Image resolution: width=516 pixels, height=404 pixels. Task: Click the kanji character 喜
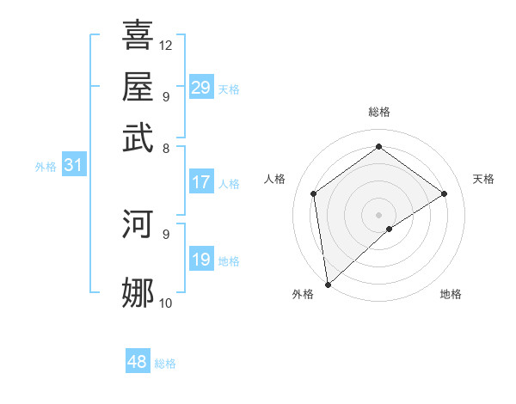[x=138, y=35]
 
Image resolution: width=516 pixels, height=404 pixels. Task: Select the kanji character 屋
[x=138, y=86]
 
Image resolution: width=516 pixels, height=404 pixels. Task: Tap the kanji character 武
[x=138, y=137]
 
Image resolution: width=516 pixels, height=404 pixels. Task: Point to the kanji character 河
[x=138, y=223]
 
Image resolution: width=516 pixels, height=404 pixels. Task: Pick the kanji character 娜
[x=138, y=292]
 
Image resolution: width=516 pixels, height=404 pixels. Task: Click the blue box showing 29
[x=201, y=88]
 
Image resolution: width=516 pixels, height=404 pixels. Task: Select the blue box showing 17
[x=201, y=182]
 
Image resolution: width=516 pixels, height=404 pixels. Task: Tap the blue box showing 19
[x=201, y=260]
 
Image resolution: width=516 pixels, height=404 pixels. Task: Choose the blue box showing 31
[x=73, y=165]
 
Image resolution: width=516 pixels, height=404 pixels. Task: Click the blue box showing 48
[x=138, y=362]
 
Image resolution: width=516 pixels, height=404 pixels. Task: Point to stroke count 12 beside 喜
[x=166, y=45]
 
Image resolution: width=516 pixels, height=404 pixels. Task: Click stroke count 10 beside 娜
[x=166, y=303]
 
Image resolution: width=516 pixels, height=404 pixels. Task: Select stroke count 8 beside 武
[x=166, y=147]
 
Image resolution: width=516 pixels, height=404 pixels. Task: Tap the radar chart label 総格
[x=378, y=112]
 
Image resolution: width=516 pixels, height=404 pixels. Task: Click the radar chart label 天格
[x=483, y=179]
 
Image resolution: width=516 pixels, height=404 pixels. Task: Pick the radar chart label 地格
[x=451, y=294]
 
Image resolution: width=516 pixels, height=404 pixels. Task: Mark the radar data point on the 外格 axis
[x=328, y=284]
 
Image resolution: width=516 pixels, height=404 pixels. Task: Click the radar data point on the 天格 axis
[x=445, y=193]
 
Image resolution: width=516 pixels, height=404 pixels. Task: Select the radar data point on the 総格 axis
[x=378, y=147]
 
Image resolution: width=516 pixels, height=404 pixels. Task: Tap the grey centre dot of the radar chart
[x=378, y=214]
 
